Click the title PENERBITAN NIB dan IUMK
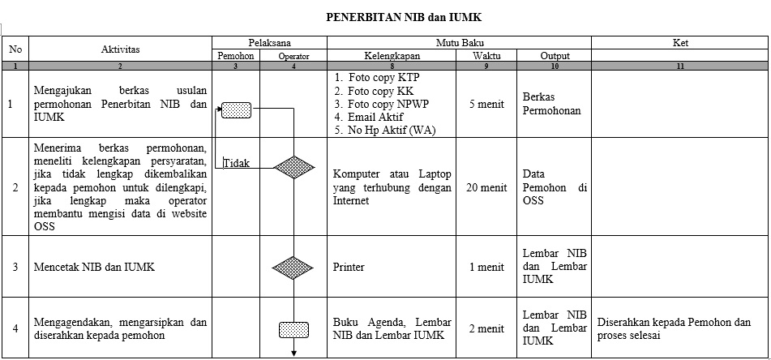click(404, 18)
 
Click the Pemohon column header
click(236, 56)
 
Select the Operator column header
click(293, 57)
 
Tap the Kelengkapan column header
click(392, 56)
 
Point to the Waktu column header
click(486, 56)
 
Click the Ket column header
click(680, 43)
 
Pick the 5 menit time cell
click(486, 105)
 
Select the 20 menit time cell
click(486, 187)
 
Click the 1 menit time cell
click(486, 267)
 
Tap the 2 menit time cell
click(486, 328)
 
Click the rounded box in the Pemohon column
click(236, 110)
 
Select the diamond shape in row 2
click(293, 167)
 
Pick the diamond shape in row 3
click(293, 268)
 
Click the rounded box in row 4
click(294, 330)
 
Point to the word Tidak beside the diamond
click(237, 163)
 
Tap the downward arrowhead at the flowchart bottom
click(294, 353)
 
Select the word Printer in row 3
click(349, 267)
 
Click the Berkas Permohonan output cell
click(551, 104)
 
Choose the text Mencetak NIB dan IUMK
click(94, 267)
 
